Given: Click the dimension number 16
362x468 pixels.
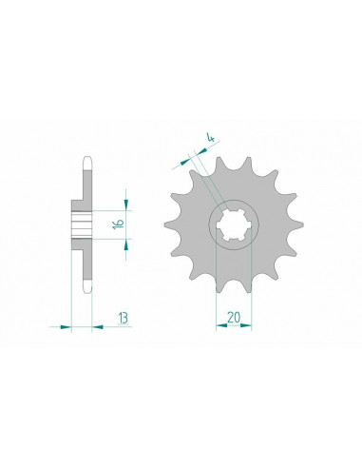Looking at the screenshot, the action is click(x=119, y=224).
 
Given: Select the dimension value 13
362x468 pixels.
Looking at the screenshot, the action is click(x=123, y=318).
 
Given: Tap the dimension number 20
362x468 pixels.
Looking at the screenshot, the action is click(x=234, y=318).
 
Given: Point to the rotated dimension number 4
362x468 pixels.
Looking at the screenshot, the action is click(x=211, y=138).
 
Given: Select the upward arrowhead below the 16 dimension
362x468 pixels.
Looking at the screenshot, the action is click(x=126, y=244).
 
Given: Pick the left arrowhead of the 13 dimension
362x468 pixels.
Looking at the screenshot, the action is click(x=66, y=326).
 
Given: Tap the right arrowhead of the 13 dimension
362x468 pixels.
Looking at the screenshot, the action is click(x=98, y=326).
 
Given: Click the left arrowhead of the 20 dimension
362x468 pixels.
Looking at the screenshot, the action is click(x=221, y=325).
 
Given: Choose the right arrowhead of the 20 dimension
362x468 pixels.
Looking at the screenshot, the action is click(x=246, y=325).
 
